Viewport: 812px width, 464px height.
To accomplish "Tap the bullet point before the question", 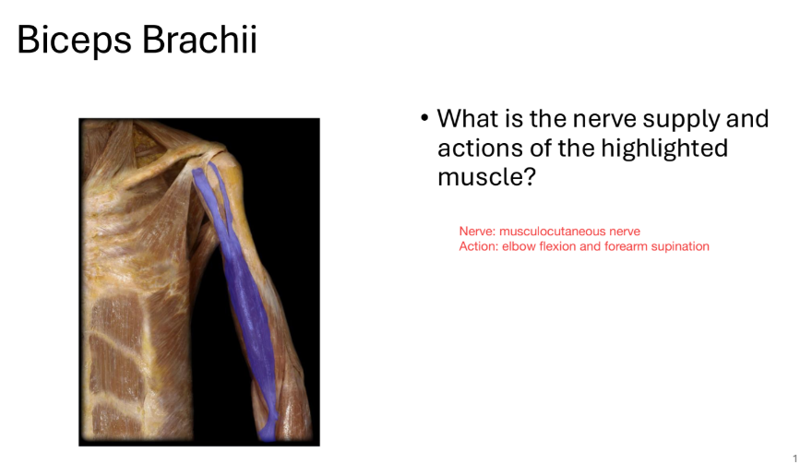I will pyautogui.click(x=424, y=119).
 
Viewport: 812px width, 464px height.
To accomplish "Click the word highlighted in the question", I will pyautogui.click(x=664, y=148).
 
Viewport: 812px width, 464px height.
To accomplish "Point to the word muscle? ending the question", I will pyautogui.click(x=485, y=176).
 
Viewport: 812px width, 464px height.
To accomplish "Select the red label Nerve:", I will pyautogui.click(x=477, y=232).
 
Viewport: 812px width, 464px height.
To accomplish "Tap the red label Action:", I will pyautogui.click(x=479, y=246).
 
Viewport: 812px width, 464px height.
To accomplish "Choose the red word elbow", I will pyautogui.click(x=518, y=246).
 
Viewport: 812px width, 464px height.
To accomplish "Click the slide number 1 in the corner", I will pyautogui.click(x=794, y=457).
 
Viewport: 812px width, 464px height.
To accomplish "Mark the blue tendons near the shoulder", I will pyautogui.click(x=209, y=184).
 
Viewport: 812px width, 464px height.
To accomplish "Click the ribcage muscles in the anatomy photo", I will pyautogui.click(x=120, y=351).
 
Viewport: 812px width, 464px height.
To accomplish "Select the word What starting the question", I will pyautogui.click(x=466, y=119).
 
